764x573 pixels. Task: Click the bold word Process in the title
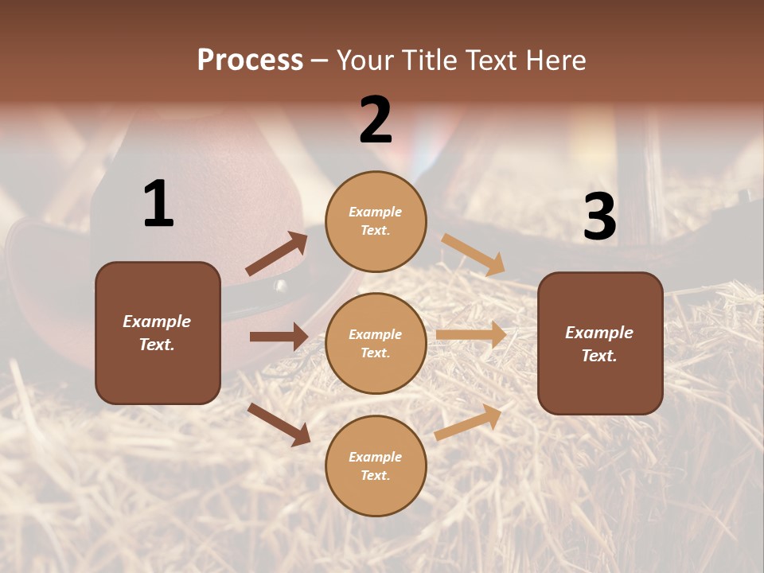(x=250, y=60)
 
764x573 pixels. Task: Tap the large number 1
(x=158, y=205)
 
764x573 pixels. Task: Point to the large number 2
(x=376, y=120)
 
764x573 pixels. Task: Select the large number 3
(x=599, y=216)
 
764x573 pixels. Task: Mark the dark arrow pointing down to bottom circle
(x=279, y=424)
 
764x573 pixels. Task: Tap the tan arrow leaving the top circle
(x=474, y=254)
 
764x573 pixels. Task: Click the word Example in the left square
(x=157, y=322)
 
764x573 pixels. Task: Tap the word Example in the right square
(x=599, y=333)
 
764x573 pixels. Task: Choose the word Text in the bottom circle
(x=374, y=475)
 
